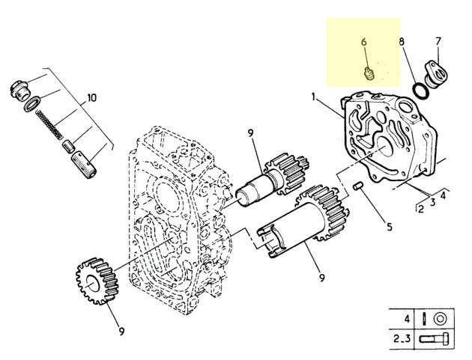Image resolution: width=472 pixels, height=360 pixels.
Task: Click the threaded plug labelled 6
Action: coord(369,73)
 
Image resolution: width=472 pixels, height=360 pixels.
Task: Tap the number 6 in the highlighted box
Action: coord(364,42)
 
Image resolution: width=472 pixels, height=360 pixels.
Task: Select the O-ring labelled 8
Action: coord(421,91)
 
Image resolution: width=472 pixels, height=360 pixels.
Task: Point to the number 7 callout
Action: coord(438,41)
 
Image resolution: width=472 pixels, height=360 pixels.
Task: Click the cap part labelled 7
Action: coord(435,75)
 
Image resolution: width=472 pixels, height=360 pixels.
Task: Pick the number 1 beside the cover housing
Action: coord(313,97)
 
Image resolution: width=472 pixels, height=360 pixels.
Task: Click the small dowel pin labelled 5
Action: coord(358,186)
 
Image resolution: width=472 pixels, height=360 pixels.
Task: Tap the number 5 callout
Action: coord(390,227)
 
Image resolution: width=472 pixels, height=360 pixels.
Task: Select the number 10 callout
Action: coord(92,98)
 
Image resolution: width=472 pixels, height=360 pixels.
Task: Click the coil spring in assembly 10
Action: coord(49,124)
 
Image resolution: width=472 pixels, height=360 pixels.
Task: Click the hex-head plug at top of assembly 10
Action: coord(20,91)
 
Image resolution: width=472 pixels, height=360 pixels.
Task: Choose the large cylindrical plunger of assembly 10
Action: coord(84,165)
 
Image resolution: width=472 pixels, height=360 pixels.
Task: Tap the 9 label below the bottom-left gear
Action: coord(121,331)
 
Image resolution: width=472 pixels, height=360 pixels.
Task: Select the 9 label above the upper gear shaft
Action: coord(251,132)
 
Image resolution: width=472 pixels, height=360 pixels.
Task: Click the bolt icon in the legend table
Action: coord(434,339)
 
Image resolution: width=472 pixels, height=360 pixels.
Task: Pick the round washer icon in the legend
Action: coord(439,318)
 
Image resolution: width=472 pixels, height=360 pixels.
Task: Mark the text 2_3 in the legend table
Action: coord(402,338)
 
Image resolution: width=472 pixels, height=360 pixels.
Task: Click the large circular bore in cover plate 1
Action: coord(384,147)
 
